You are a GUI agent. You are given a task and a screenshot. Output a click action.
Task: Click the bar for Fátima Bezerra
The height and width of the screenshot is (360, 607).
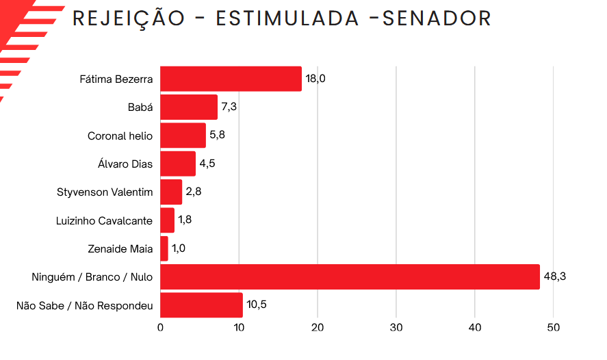coord(231,79)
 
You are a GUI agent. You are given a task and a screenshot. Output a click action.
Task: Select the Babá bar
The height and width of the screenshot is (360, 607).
coord(189,107)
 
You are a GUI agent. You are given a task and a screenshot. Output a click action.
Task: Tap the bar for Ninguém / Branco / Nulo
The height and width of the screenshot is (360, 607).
coord(350,277)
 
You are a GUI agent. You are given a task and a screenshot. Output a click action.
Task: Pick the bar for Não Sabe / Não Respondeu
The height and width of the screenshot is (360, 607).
coord(201,305)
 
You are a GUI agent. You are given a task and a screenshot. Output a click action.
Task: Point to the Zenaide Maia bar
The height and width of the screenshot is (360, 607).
coord(164,248)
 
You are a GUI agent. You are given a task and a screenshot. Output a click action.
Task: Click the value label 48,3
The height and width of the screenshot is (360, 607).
coord(554,277)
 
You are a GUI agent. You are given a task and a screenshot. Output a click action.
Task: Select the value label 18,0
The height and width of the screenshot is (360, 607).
coord(315,79)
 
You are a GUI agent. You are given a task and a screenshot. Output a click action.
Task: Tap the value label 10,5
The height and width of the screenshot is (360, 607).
coord(257,305)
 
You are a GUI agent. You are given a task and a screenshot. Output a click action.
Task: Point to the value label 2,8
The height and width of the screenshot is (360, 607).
coord(194,192)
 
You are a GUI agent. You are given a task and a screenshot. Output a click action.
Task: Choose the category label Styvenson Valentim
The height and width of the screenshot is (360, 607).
coord(105,192)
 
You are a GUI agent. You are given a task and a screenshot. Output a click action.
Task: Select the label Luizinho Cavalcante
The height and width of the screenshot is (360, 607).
coord(104,220)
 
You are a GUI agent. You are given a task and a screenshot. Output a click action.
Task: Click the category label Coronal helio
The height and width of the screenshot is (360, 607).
coord(120,136)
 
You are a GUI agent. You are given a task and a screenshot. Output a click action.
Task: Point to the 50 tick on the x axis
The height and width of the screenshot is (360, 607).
coord(554,328)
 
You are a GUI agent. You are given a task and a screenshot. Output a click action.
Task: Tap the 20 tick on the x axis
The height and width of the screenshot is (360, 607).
coord(318,328)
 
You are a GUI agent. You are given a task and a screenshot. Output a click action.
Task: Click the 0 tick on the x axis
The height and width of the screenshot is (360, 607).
coord(160,328)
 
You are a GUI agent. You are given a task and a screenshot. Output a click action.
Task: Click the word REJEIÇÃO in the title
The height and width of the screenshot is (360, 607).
coord(129,18)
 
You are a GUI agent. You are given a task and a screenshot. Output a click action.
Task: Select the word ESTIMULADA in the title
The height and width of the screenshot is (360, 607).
coord(287,18)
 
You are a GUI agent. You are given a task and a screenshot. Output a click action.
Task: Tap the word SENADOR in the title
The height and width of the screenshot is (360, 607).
coord(437,18)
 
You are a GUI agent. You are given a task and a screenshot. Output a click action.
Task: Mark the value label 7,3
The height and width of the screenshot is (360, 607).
coord(229,107)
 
